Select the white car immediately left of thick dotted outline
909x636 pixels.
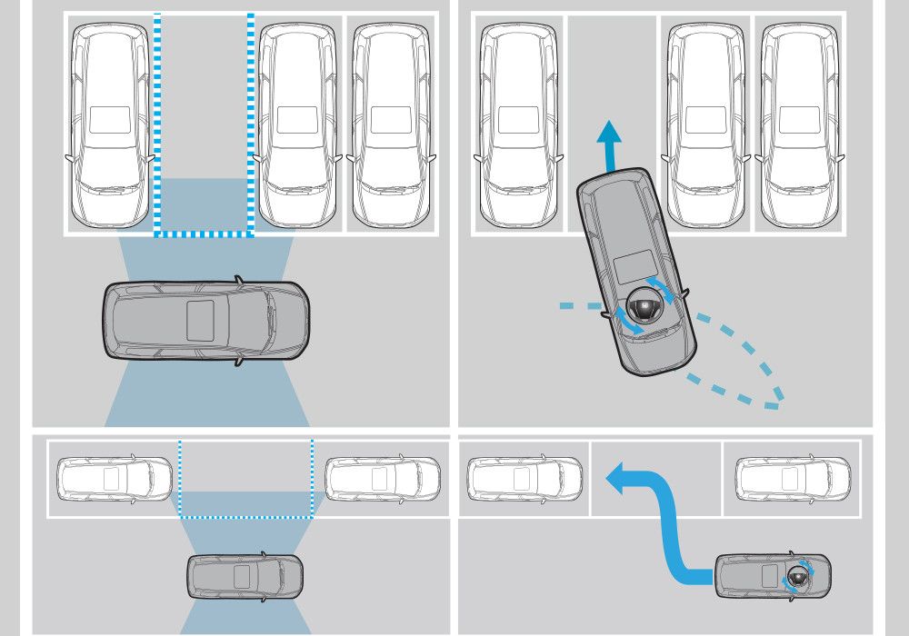[x=110, y=124]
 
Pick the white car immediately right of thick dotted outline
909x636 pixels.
[x=297, y=124]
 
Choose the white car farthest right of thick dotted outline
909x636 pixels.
[x=391, y=124]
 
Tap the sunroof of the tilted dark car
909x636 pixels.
[x=634, y=270]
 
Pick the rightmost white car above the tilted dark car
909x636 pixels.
[x=799, y=124]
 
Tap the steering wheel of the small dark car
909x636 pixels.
[x=797, y=575]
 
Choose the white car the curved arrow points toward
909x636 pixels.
[x=524, y=478]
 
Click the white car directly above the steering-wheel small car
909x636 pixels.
[x=793, y=478]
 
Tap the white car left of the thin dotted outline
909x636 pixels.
[x=115, y=478]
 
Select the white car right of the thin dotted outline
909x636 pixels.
[x=383, y=478]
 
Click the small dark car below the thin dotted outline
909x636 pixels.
[x=245, y=575]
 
